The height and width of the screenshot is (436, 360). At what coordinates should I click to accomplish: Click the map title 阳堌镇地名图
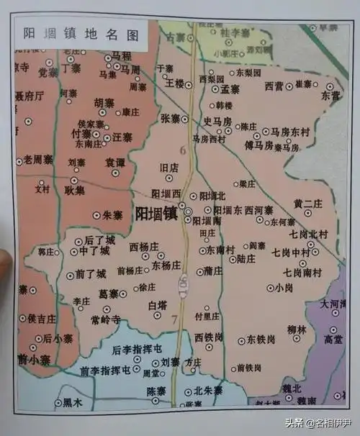tap(80, 32)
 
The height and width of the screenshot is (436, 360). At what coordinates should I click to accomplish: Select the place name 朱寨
tap(113, 214)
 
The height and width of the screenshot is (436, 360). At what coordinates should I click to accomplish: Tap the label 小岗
tap(284, 288)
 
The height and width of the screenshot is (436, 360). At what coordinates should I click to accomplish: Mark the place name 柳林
tap(297, 330)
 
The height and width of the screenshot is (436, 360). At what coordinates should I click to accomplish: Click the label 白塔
tap(157, 305)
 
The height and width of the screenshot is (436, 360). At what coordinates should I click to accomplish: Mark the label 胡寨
tap(104, 103)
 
